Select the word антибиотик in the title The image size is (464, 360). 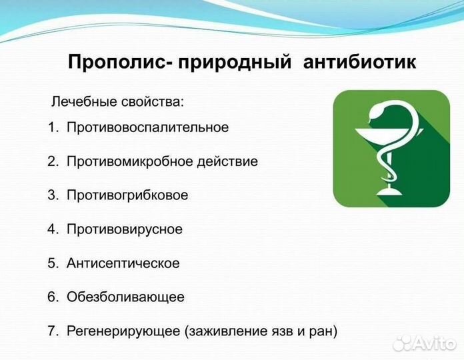(361, 63)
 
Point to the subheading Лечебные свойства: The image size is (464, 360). (117, 103)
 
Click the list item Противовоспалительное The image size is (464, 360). (147, 127)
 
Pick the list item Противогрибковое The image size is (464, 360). (127, 195)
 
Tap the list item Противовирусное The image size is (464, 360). (124, 229)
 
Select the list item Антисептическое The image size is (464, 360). (123, 263)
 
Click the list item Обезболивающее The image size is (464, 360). (125, 297)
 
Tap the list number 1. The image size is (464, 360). (52, 127)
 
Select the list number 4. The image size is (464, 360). (52, 229)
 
